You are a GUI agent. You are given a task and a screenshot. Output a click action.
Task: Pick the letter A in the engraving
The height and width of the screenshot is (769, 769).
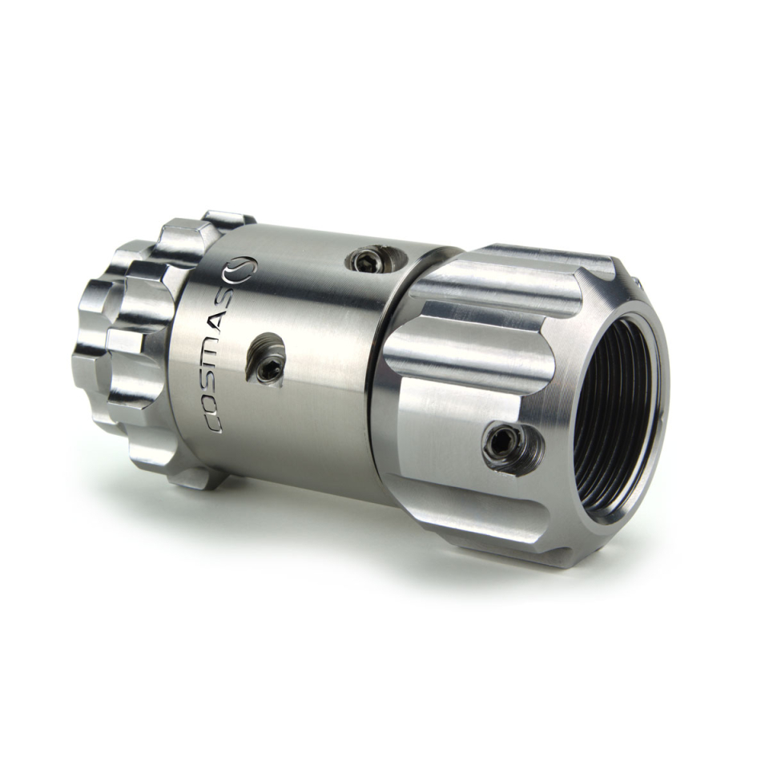(x=223, y=315)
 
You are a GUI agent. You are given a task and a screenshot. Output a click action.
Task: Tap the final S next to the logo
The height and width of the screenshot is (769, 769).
(x=227, y=292)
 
